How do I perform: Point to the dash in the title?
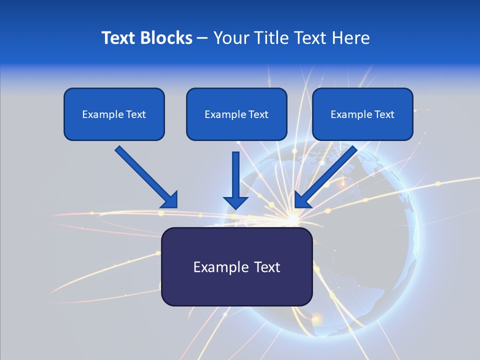pos(202,38)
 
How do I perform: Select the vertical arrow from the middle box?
pos(235,175)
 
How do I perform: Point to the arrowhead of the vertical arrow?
pos(235,202)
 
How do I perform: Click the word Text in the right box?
pos(384,114)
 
